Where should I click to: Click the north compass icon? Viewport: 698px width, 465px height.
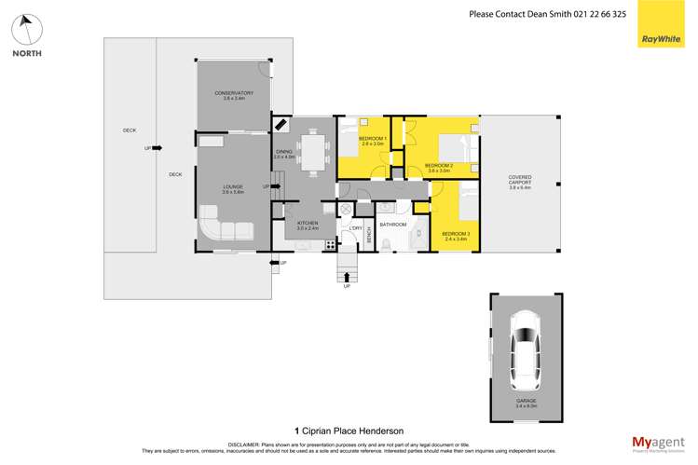coord(26,31)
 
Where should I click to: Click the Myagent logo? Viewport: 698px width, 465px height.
coord(657,444)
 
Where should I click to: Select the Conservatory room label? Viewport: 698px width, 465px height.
coord(233,95)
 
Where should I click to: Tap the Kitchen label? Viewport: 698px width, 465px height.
coord(308,225)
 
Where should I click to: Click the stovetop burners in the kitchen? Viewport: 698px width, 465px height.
coord(330,244)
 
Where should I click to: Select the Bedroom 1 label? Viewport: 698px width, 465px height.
coord(373,142)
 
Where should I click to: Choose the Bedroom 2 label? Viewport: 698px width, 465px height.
coord(439,168)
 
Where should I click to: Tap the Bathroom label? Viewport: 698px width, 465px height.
coord(393,225)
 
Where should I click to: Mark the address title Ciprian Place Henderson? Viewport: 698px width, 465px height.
coord(352,430)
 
